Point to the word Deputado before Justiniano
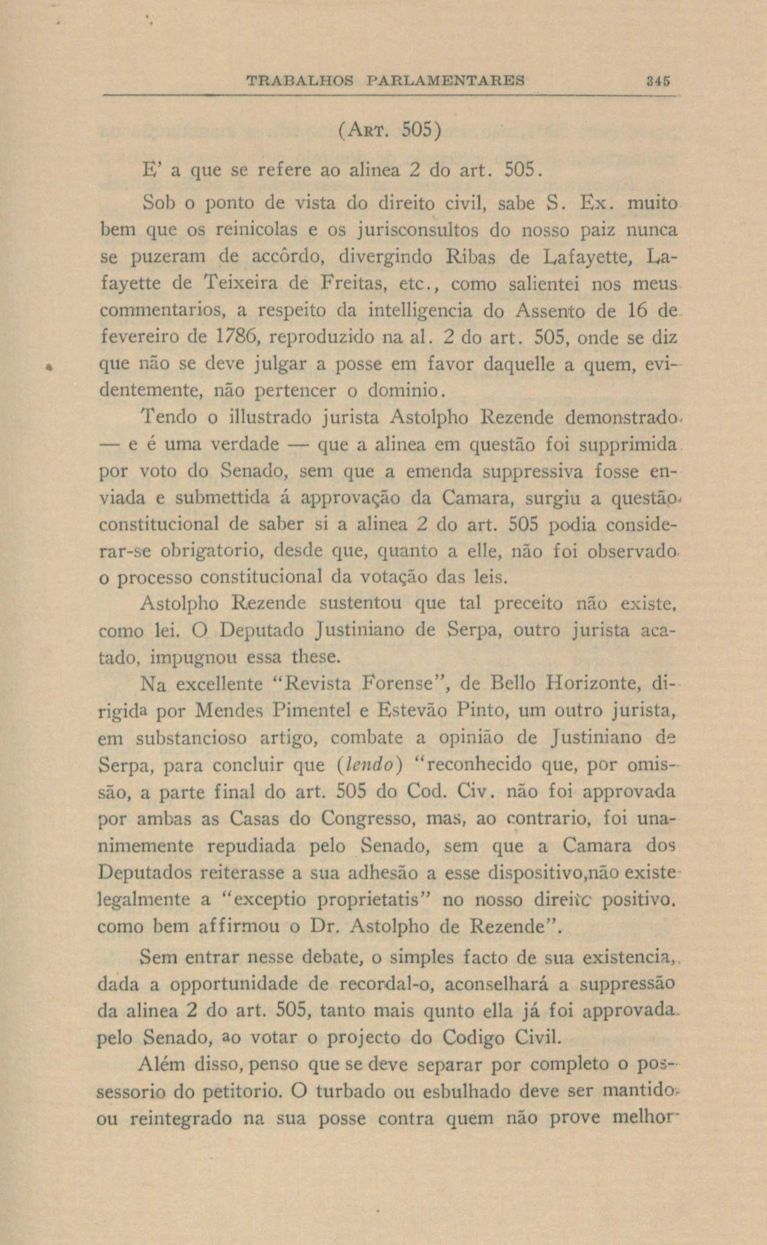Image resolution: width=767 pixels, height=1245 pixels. pos(262,631)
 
